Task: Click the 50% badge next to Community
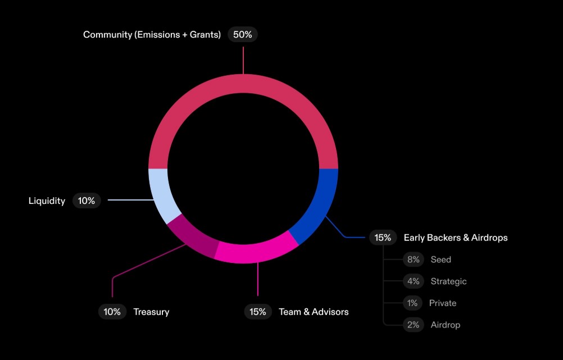click(243, 34)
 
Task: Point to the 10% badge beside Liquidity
click(87, 200)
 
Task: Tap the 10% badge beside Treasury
click(112, 312)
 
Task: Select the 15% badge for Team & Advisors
click(258, 312)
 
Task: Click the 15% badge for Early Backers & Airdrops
click(383, 238)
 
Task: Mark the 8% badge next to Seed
click(413, 259)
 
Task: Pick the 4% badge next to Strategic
click(413, 281)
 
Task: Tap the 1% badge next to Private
click(412, 303)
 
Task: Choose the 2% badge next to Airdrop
click(413, 325)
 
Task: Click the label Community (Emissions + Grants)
click(152, 35)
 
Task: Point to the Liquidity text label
click(47, 200)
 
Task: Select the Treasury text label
click(151, 312)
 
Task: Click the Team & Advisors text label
click(314, 312)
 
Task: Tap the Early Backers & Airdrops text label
click(456, 238)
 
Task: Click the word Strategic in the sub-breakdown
click(448, 281)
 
